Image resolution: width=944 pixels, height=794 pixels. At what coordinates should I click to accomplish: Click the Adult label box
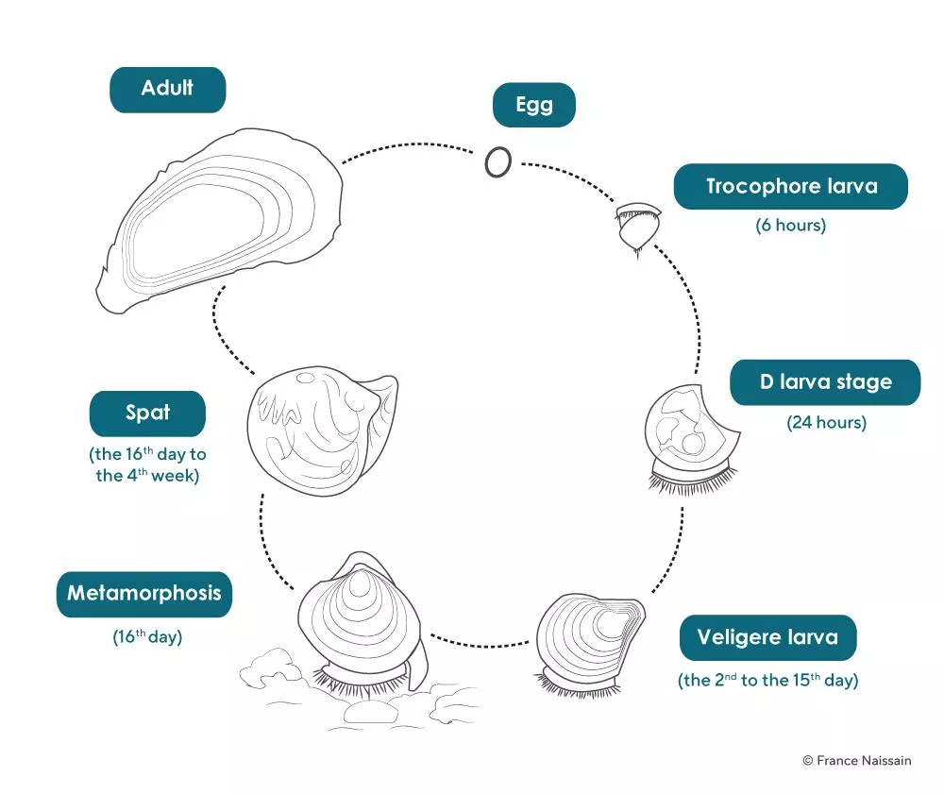point(167,90)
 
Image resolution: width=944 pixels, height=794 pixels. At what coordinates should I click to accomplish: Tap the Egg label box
point(533,105)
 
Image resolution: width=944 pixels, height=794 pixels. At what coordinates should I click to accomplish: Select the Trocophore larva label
point(790,186)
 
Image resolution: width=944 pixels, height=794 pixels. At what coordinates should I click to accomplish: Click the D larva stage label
point(824,382)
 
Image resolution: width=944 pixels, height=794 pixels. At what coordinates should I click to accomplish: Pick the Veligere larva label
point(767,637)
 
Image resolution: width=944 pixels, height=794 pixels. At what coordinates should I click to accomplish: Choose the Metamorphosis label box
point(143,594)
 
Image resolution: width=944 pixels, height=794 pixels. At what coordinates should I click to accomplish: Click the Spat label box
point(147,414)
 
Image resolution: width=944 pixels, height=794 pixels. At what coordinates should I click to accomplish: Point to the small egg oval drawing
point(497,162)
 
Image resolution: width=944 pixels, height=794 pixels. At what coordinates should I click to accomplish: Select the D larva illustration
point(689,434)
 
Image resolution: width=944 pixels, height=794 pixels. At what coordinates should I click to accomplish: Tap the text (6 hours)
point(790,226)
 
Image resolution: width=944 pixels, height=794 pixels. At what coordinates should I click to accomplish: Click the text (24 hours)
point(826,422)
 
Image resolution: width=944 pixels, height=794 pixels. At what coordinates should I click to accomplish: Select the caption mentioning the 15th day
point(767,680)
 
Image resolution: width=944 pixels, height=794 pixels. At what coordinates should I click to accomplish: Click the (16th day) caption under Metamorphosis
point(146,636)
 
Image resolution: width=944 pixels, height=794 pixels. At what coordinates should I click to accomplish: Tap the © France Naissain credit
point(857,760)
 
